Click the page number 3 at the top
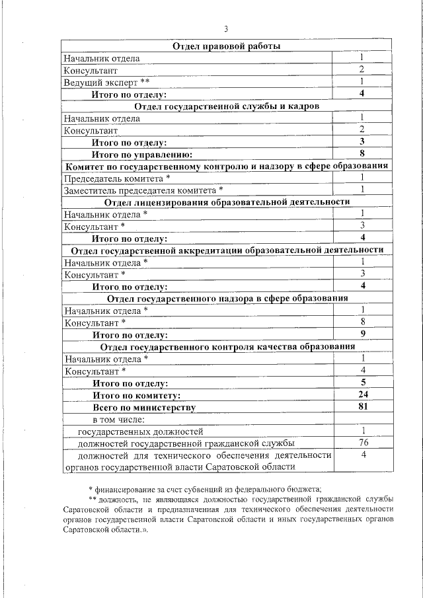226,29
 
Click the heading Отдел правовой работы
227,46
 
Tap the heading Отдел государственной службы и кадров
227,106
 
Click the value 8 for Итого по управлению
362,153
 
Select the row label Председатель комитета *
117,178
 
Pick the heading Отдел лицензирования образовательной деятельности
227,202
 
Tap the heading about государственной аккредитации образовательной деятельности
227,250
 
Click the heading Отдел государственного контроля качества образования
227,347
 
